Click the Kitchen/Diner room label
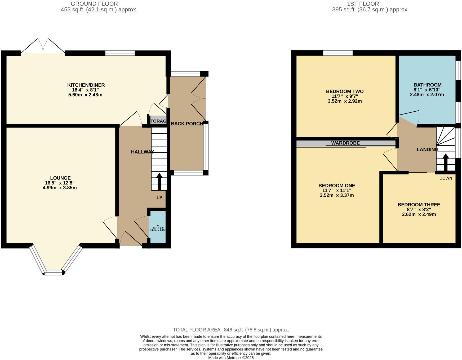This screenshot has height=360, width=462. [x=86, y=85]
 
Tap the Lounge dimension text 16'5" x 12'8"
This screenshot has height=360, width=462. [x=60, y=183]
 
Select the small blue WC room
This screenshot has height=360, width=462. [x=157, y=227]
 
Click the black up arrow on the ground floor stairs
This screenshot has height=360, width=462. [x=159, y=182]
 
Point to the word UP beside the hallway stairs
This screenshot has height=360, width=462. [x=159, y=198]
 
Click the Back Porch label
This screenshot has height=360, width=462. [x=187, y=124]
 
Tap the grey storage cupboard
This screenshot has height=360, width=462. [x=158, y=121]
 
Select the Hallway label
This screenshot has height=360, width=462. [x=143, y=152]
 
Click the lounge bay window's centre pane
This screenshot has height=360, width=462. [x=53, y=272]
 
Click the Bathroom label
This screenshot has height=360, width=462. [x=428, y=85]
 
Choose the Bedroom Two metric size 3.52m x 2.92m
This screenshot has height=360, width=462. [x=345, y=101]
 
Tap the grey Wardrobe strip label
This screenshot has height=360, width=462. [x=345, y=143]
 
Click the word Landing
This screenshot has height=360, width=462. [x=427, y=150]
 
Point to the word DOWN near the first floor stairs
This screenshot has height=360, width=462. [x=446, y=178]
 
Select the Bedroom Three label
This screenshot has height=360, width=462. [x=419, y=205]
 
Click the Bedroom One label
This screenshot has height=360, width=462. [x=337, y=186]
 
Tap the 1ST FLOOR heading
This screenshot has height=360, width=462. [x=363, y=4]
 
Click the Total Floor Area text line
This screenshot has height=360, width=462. [x=231, y=330]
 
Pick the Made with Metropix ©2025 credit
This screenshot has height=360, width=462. [x=231, y=358]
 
